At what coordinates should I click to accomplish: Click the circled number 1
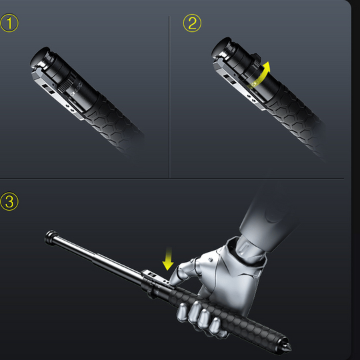click(x=10, y=23)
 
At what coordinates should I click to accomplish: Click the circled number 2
click(x=192, y=23)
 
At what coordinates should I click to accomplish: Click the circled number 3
click(x=10, y=201)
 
